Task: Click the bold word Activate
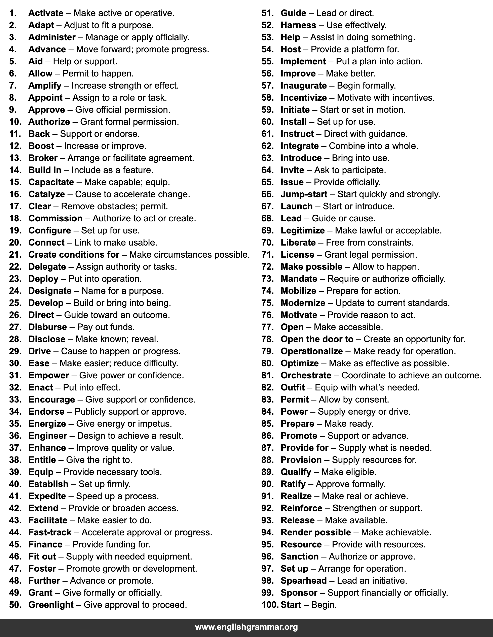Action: point(46,13)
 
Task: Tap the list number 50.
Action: point(15,605)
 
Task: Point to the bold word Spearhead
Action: point(304,580)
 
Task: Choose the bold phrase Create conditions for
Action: point(74,255)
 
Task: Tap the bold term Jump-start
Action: point(304,194)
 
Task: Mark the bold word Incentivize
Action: point(304,98)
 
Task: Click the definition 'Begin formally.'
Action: point(366,86)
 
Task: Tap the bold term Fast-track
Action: point(50,532)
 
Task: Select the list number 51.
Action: point(267,13)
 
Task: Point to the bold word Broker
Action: point(43,158)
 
